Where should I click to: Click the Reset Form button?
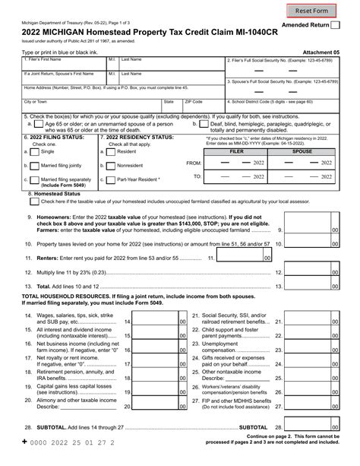(311, 11)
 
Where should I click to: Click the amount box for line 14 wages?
(156, 322)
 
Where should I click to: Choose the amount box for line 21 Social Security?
(307, 322)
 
